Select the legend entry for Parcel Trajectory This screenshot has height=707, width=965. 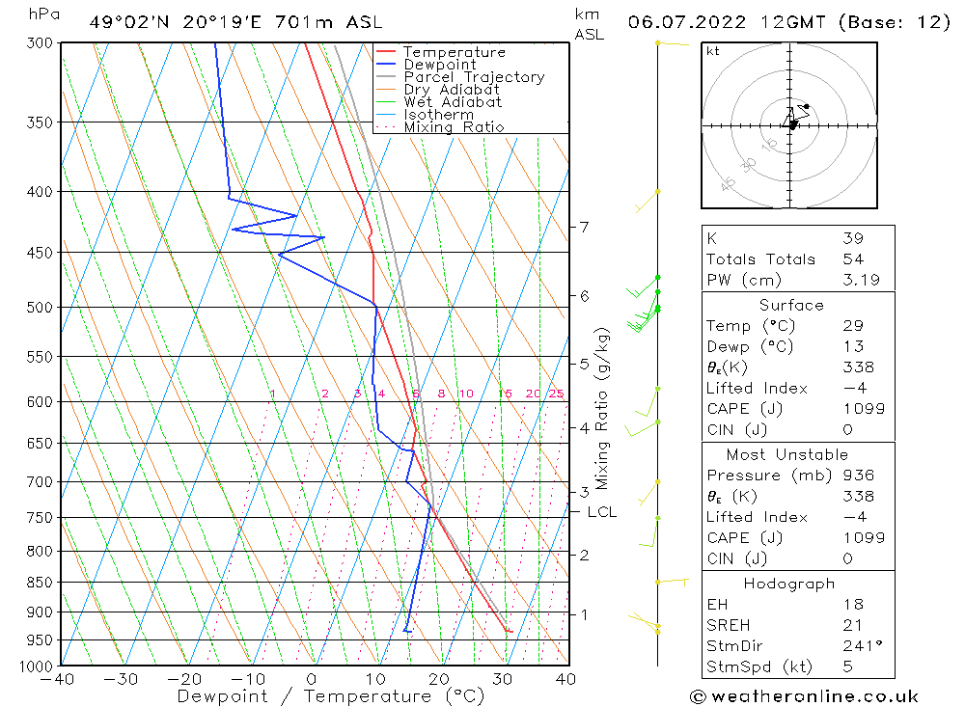[x=473, y=77]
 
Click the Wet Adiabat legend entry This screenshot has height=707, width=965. [x=452, y=102]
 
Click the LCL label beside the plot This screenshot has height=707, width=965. [x=601, y=512]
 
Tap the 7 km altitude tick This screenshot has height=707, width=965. [x=584, y=227]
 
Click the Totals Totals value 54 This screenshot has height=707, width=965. [x=852, y=259]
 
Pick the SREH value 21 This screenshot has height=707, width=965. [x=852, y=626]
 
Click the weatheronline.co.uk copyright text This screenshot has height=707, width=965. [x=804, y=695]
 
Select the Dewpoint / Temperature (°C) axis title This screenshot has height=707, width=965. [x=331, y=695]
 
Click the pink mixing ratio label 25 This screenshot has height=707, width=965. [x=556, y=394]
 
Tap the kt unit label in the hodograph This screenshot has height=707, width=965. [x=713, y=51]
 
